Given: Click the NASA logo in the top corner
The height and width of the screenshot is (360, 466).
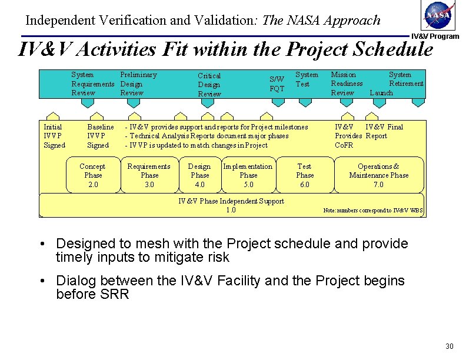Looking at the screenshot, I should [x=438, y=16].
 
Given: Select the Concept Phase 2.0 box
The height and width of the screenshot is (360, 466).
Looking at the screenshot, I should [x=93, y=175].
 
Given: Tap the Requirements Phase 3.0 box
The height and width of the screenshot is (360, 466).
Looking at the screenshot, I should [x=149, y=175].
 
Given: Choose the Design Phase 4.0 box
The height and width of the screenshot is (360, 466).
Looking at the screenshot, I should [x=199, y=175].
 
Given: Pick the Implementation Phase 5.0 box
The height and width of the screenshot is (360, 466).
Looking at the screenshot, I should [x=248, y=175].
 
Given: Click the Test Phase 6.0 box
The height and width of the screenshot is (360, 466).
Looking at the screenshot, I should [x=304, y=175].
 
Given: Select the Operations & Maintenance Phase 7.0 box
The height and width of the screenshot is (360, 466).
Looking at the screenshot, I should [x=378, y=175].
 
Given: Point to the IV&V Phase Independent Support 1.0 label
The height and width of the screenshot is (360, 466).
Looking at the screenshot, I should [x=231, y=205].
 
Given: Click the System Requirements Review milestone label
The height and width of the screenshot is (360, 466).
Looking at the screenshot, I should [x=92, y=84].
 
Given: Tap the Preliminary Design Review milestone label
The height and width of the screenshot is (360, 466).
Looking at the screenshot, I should [x=138, y=84].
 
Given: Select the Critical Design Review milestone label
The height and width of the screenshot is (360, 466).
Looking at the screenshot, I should [x=209, y=85].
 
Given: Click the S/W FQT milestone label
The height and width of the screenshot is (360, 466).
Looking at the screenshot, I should [x=277, y=84].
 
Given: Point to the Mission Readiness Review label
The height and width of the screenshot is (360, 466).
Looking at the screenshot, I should [x=346, y=84].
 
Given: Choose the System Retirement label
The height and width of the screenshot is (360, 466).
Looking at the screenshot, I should [x=405, y=79].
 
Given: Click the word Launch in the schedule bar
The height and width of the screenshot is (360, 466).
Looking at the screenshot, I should [x=381, y=93].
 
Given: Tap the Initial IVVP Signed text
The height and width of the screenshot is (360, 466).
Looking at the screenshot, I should [x=54, y=136].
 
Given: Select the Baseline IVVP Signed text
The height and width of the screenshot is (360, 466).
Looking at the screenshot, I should [x=100, y=136].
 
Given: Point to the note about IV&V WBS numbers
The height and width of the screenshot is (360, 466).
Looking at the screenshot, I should [x=373, y=211].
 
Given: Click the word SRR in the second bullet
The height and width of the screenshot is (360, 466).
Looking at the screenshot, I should [x=116, y=294].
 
